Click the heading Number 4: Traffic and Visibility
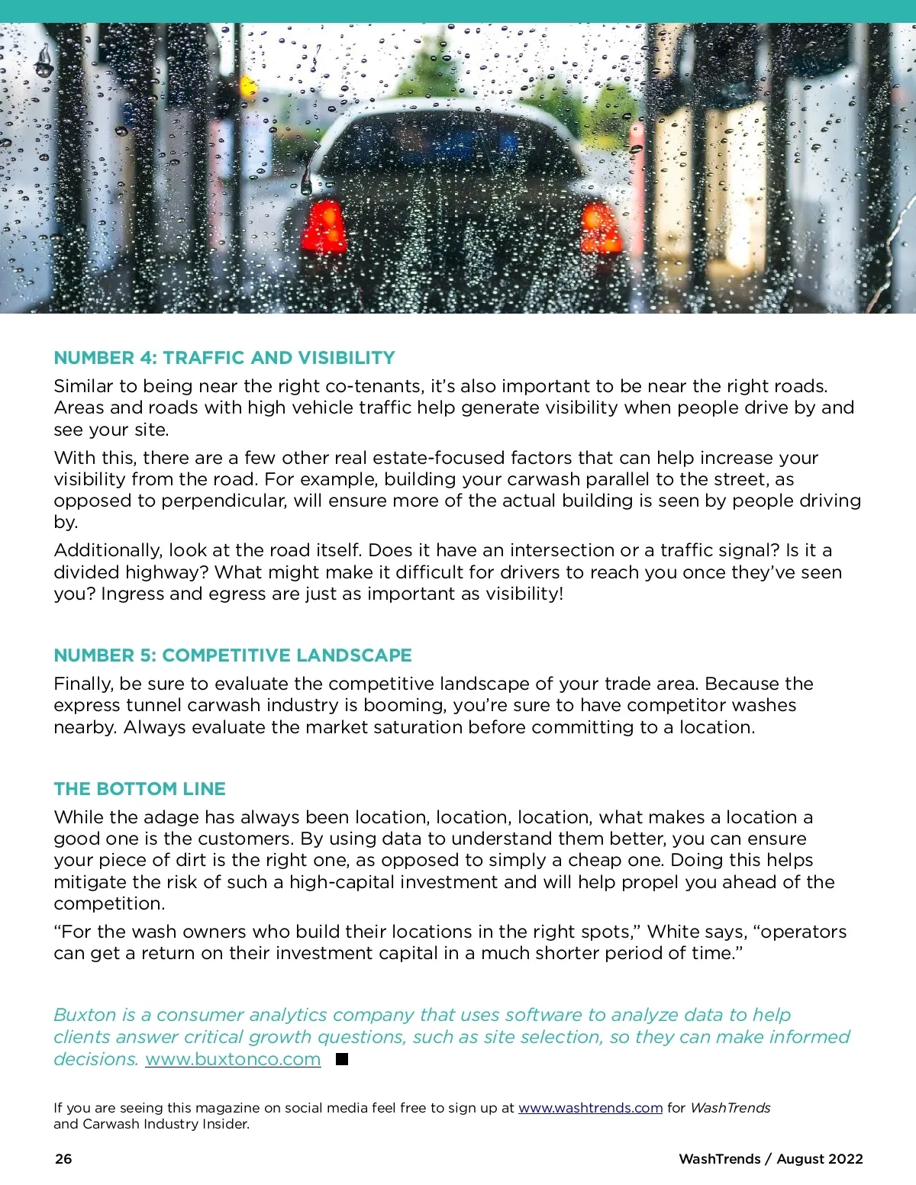(x=224, y=358)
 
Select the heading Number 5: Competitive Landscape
(x=233, y=655)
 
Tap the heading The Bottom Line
(x=140, y=789)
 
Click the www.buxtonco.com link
(x=233, y=1059)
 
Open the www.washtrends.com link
(x=590, y=1108)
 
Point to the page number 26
(x=63, y=1158)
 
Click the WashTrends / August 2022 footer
(x=770, y=1158)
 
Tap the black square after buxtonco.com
(x=342, y=1059)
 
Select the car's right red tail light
(x=600, y=228)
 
